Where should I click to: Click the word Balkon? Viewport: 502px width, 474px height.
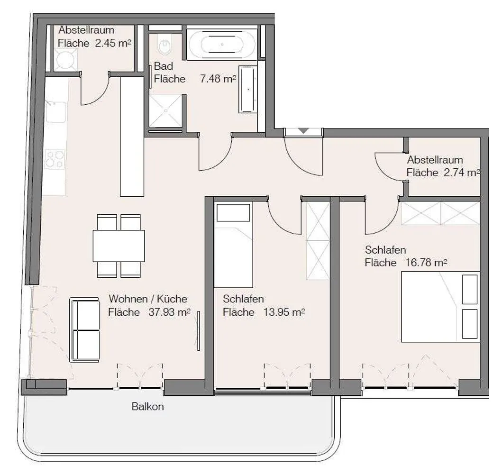pyautogui.click(x=147, y=407)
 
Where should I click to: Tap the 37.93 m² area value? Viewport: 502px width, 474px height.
pyautogui.click(x=169, y=312)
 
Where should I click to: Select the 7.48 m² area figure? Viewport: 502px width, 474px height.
pyautogui.click(x=218, y=79)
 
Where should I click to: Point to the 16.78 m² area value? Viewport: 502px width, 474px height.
pyautogui.click(x=426, y=263)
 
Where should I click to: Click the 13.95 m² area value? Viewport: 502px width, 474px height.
pyautogui.click(x=284, y=312)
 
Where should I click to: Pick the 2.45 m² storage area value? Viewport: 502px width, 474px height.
pyautogui.click(x=113, y=43)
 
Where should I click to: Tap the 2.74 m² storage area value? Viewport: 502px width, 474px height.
pyautogui.click(x=462, y=173)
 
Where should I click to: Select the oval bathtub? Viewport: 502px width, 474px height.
pyautogui.click(x=222, y=44)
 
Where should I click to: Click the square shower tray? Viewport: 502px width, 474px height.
pyautogui.click(x=165, y=111)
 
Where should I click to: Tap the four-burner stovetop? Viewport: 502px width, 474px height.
pyautogui.click(x=55, y=159)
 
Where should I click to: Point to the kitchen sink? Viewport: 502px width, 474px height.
pyautogui.click(x=56, y=112)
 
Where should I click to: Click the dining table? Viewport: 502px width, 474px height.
pyautogui.click(x=119, y=246)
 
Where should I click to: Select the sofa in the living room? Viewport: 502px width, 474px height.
pyautogui.click(x=85, y=330)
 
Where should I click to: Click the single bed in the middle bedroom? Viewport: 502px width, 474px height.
pyautogui.click(x=233, y=245)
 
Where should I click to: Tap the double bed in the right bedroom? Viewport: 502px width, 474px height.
pyautogui.click(x=440, y=307)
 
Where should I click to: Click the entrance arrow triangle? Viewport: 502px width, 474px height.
pyautogui.click(x=303, y=131)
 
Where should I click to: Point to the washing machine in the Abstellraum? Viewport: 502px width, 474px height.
pyautogui.click(x=65, y=60)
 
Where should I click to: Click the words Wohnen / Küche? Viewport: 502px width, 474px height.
pyautogui.click(x=148, y=299)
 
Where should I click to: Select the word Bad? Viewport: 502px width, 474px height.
pyautogui.click(x=163, y=66)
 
